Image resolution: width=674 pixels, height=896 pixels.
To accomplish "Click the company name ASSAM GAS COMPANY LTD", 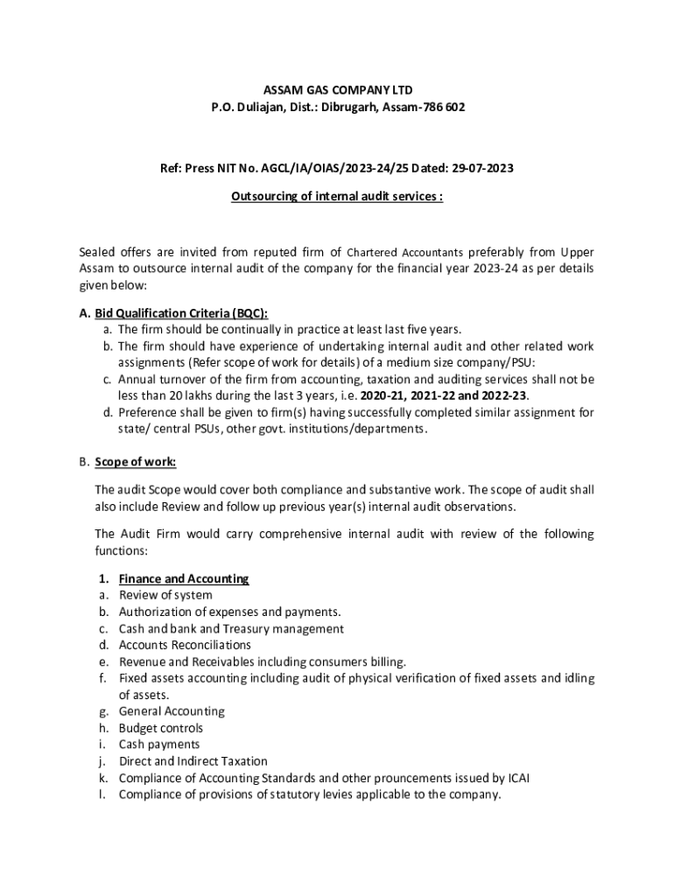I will coord(338,90).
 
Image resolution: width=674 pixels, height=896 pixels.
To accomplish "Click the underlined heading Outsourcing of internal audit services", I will coord(337,197).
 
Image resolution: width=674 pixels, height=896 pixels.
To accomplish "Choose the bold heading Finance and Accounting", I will coord(184,578).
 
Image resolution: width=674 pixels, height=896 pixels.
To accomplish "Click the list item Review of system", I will coord(165,595).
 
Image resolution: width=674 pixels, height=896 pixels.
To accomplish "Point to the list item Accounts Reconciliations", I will coord(185,645).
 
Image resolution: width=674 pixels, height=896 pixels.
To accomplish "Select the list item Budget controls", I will coord(160,728).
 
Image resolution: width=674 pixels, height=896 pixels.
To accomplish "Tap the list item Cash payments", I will coord(159,745).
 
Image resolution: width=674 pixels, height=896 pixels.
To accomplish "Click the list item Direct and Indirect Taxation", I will coord(193,761).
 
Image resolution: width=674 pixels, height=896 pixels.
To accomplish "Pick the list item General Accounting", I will coord(172,711).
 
